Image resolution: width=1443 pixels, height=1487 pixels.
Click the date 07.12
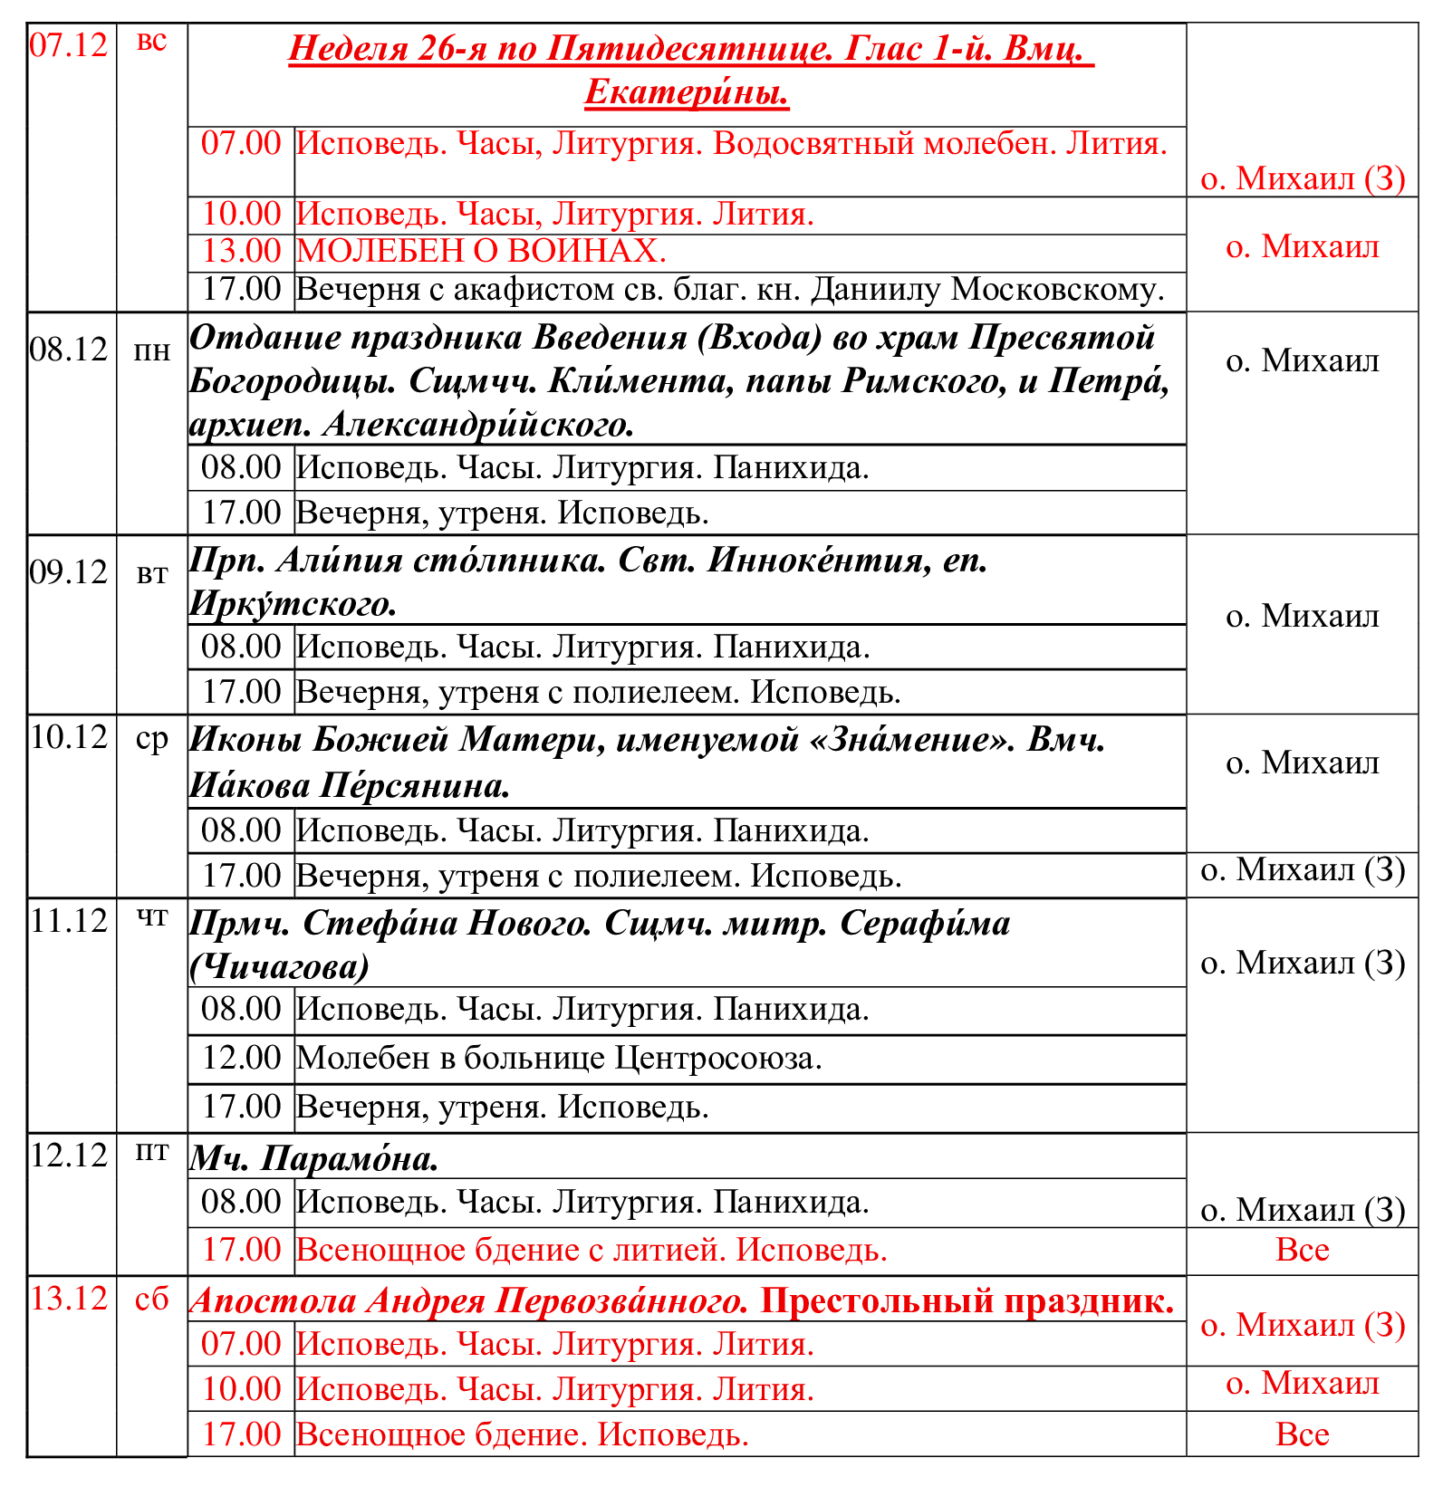point(69,45)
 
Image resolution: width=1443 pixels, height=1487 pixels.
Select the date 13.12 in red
point(69,1299)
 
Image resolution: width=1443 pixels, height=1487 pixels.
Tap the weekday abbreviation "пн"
point(151,350)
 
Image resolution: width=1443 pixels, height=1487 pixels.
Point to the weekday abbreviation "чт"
point(151,918)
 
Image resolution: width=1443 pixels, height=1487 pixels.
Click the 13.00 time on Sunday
point(241,251)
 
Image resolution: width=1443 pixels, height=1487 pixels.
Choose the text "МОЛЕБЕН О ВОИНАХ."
point(481,251)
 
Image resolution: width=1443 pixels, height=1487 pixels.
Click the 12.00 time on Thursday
point(241,1058)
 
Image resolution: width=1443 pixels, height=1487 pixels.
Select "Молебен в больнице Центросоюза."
point(559,1058)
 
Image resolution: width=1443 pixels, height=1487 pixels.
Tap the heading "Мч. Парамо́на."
point(313,1158)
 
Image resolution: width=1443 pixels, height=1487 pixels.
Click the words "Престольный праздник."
point(967,1300)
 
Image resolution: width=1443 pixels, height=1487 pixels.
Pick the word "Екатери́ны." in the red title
point(687,92)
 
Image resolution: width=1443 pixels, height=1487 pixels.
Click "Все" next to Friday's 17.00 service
point(1302,1250)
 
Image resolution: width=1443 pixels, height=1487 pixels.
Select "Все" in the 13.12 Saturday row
point(1302,1434)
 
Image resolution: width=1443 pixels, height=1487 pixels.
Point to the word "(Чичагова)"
point(279,967)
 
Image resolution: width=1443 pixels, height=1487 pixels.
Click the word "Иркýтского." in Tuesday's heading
point(293,604)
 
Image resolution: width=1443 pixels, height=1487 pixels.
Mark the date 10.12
point(69,737)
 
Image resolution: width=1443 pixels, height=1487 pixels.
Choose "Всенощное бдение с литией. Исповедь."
point(592,1251)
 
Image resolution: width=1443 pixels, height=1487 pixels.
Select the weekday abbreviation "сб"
point(151,1299)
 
